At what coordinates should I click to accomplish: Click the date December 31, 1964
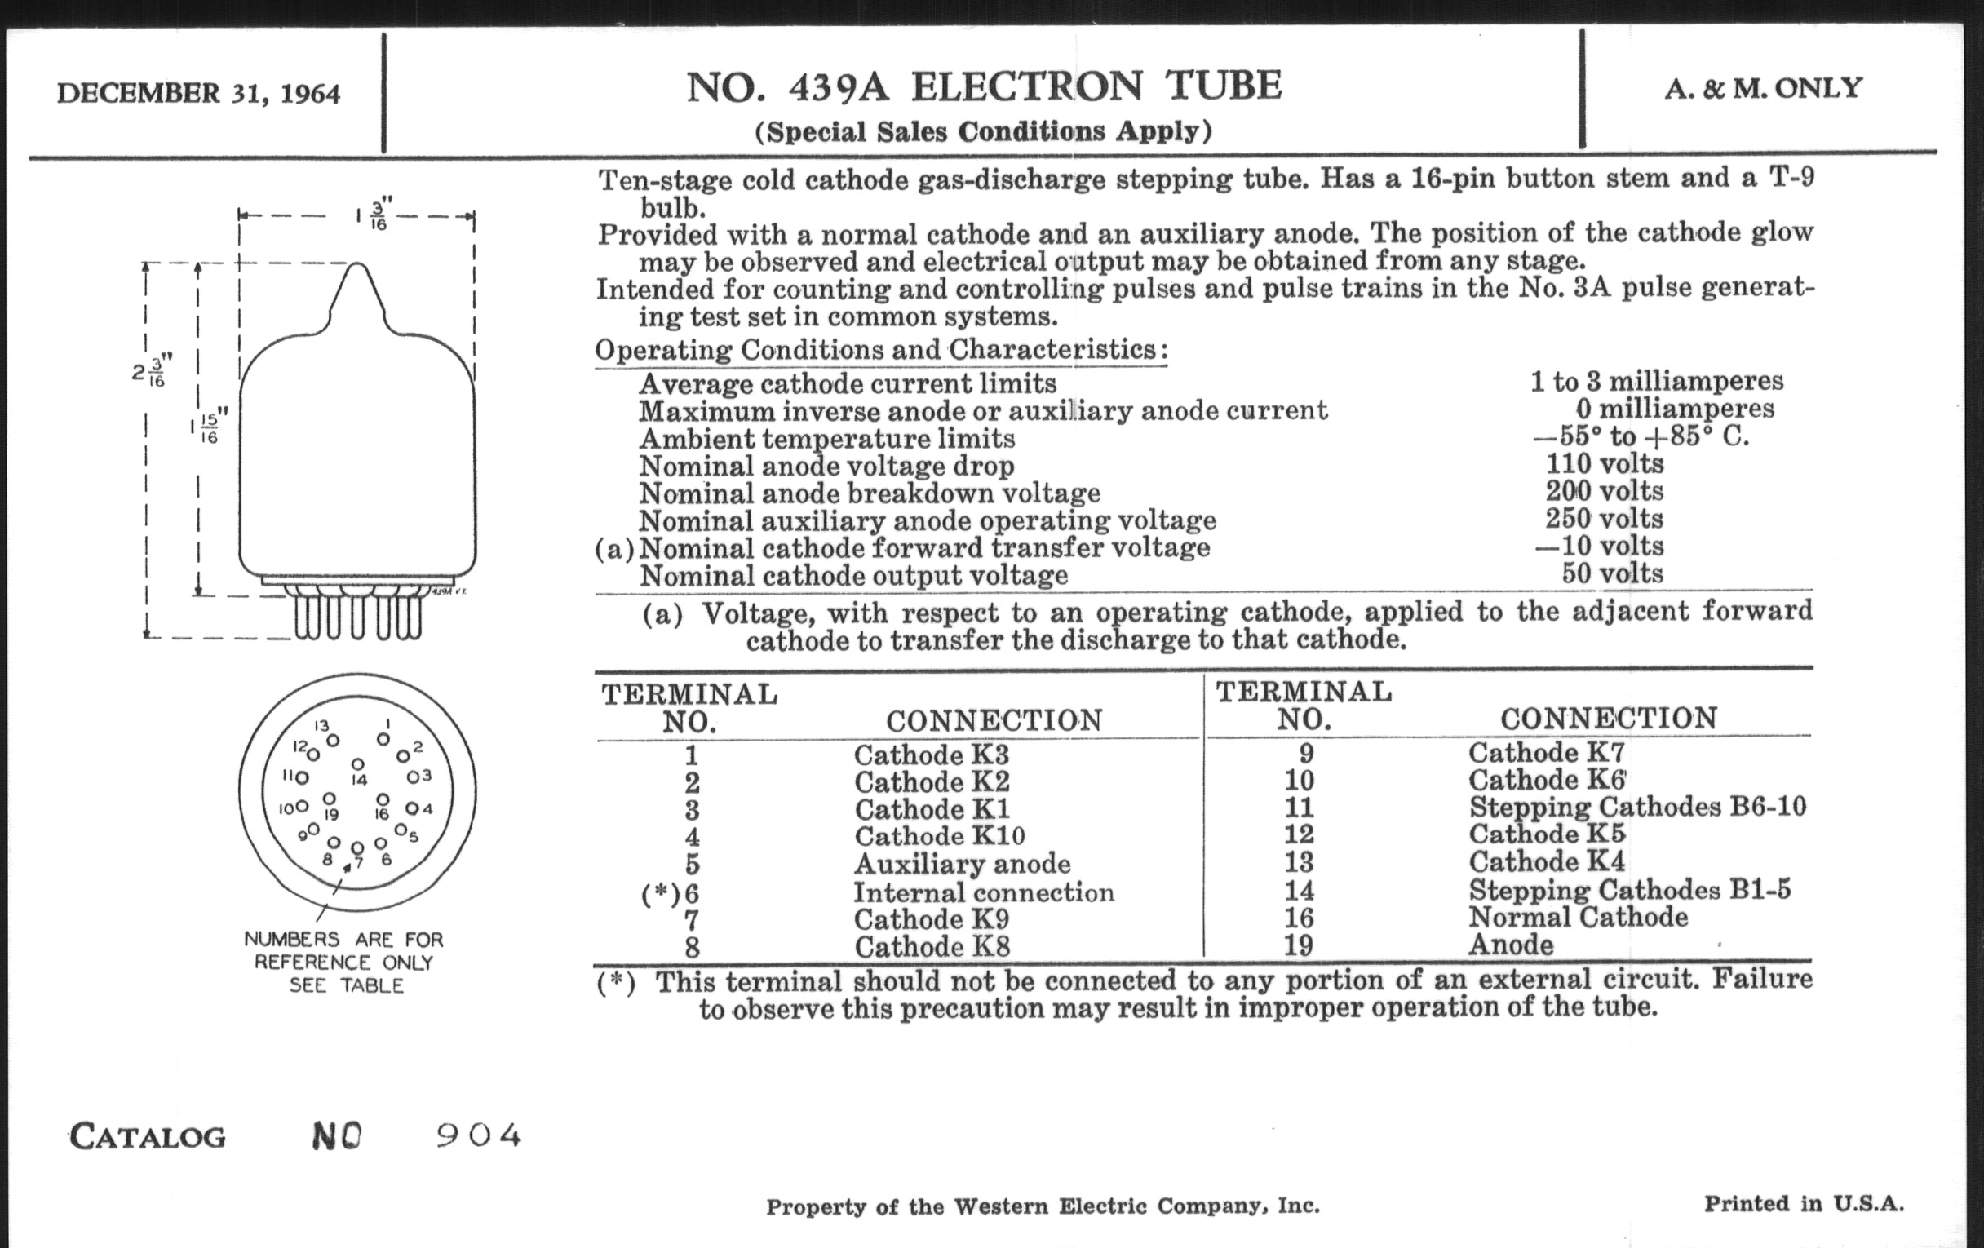tap(197, 93)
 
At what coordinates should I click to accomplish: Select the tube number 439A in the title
tap(838, 87)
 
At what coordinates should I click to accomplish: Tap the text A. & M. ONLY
tap(1763, 88)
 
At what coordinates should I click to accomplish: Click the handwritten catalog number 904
tap(478, 1136)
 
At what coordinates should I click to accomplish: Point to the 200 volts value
tap(1604, 491)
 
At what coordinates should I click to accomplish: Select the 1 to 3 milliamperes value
tap(1656, 382)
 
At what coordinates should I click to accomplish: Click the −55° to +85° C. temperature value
tap(1640, 436)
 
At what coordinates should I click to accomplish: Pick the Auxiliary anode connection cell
tap(962, 864)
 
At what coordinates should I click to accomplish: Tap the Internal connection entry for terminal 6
tap(983, 892)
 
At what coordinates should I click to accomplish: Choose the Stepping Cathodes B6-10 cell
tap(1636, 807)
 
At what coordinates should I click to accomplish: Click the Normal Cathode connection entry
tap(1578, 917)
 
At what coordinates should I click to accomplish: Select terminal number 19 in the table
tap(1299, 945)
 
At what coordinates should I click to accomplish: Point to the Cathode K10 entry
tap(939, 837)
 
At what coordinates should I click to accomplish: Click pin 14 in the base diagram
tap(357, 765)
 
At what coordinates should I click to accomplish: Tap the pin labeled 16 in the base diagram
tap(383, 799)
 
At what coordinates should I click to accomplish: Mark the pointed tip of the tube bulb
tap(357, 265)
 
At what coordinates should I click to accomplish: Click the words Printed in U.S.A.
tap(1804, 1203)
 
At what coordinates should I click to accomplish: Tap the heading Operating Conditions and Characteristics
tap(879, 350)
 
